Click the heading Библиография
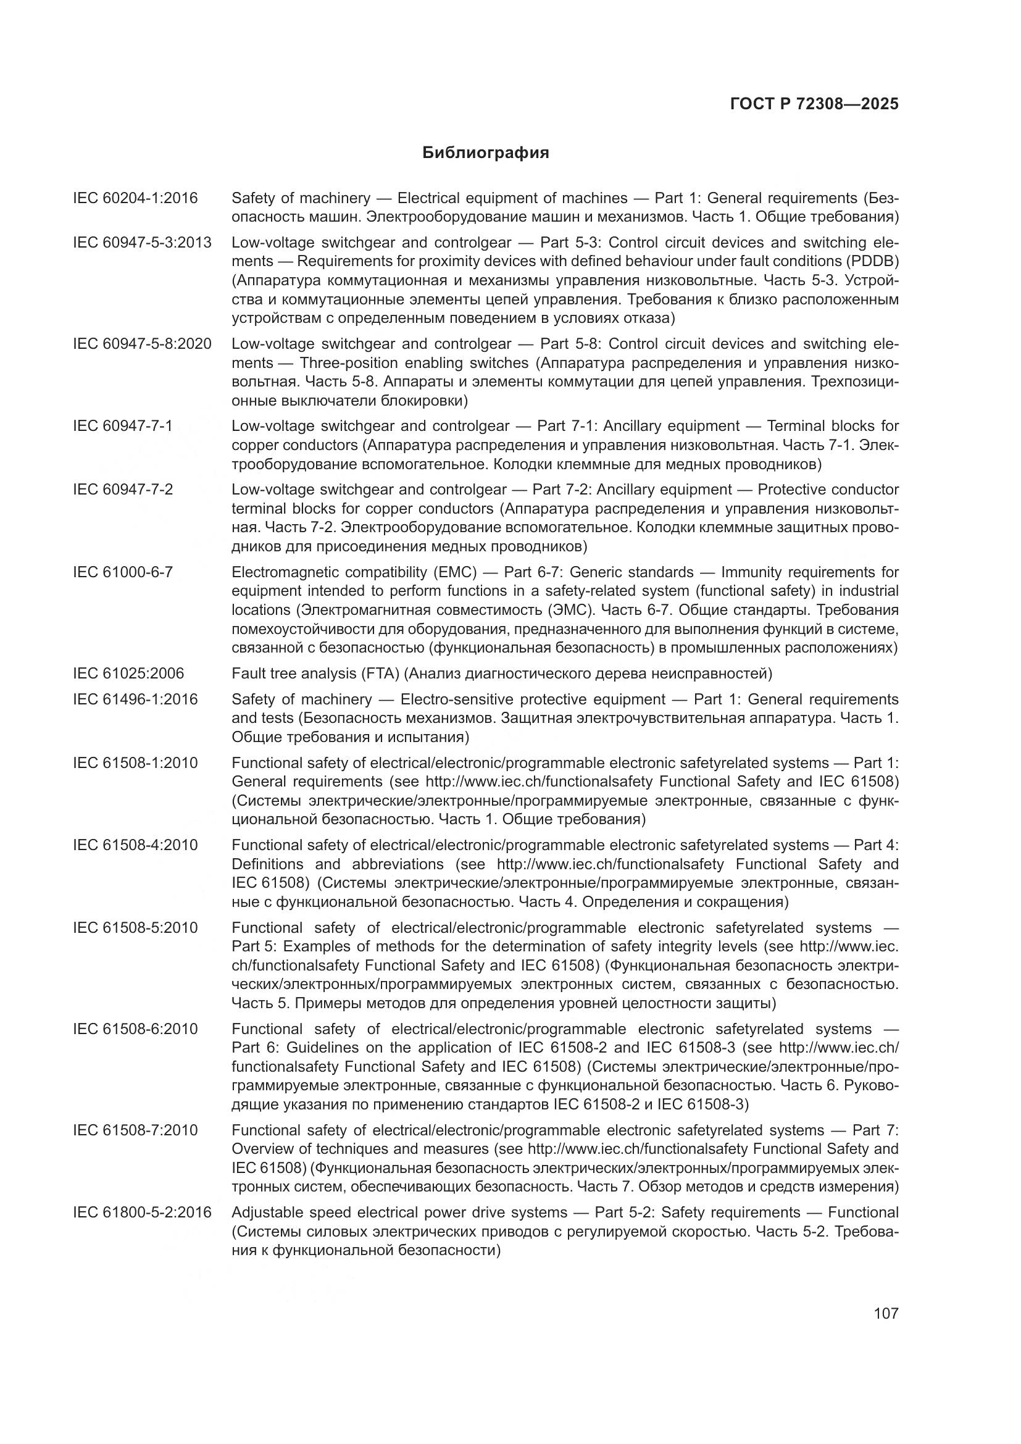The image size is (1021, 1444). (485, 153)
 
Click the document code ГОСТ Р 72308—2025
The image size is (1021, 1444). (814, 104)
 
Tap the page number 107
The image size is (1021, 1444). (886, 1313)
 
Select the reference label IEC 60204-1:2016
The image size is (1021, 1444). (135, 199)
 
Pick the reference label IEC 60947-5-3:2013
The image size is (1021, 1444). (142, 243)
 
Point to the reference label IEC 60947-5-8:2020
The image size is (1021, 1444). (142, 344)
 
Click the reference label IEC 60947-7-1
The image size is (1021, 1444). (123, 427)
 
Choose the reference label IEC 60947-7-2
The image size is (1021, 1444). (123, 490)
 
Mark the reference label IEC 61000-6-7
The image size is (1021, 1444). (123, 572)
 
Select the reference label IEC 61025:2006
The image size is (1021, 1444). (128, 674)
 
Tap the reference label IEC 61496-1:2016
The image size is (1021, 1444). (135, 699)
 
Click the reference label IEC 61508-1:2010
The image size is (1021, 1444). (135, 763)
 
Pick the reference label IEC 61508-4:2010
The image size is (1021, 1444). (135, 845)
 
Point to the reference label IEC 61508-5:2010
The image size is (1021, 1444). (135, 928)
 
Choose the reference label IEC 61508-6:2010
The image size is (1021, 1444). (135, 1029)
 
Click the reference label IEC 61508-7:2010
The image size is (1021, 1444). (135, 1130)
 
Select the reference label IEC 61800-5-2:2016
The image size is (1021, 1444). (142, 1212)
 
